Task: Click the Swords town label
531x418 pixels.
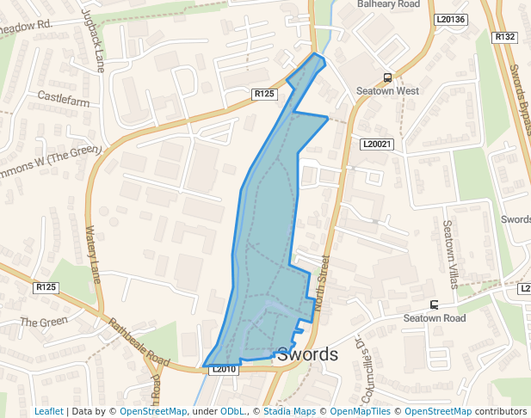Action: (x=307, y=353)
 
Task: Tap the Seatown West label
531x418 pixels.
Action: (x=388, y=91)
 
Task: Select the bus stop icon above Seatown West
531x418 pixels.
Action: (x=388, y=76)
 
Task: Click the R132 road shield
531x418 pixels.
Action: (x=505, y=37)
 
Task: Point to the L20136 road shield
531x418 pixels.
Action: (x=450, y=19)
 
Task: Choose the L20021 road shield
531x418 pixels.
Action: (x=376, y=144)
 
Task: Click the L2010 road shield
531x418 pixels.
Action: (x=223, y=369)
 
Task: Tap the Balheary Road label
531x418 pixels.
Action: (x=388, y=4)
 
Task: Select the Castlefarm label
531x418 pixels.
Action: (x=63, y=101)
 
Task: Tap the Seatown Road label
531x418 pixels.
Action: (x=435, y=318)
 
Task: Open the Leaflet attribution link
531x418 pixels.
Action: (x=49, y=411)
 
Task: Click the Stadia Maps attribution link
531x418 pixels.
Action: (x=289, y=411)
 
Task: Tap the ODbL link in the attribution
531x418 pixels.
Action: (x=232, y=411)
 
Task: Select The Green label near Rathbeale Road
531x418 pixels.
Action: (x=43, y=323)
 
